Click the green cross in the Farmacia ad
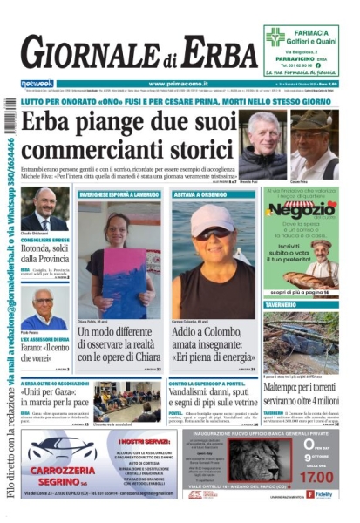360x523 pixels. click(x=275, y=37)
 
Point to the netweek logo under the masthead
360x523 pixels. click(x=37, y=84)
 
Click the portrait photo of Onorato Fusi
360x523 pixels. click(x=262, y=144)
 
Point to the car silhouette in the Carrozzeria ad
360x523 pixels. click(x=61, y=451)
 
